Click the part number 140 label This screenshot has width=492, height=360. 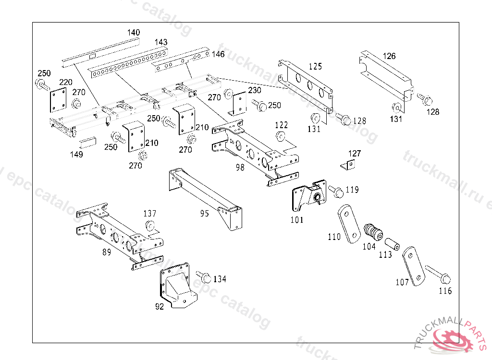click(x=134, y=33)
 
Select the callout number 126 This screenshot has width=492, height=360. click(x=389, y=56)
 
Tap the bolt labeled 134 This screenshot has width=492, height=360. click(x=204, y=277)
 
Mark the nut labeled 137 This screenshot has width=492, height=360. click(x=150, y=226)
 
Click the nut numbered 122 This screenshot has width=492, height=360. click(x=281, y=135)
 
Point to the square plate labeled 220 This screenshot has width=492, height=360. click(x=58, y=100)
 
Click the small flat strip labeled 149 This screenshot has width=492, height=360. click(x=88, y=143)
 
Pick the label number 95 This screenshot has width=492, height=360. click(x=205, y=213)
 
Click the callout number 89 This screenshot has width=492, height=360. click(x=107, y=252)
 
